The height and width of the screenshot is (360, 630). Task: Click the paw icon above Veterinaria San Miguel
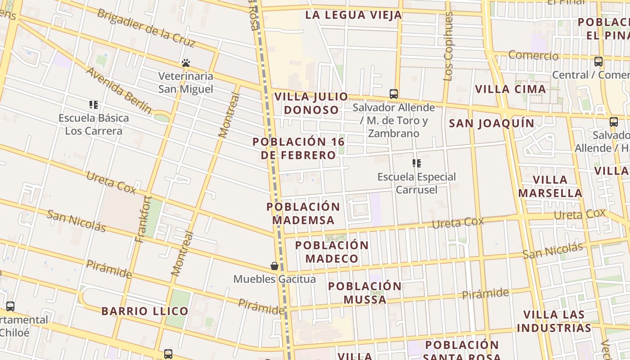[x=186, y=63]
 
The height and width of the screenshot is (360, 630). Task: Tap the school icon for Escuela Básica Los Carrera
[x=94, y=105]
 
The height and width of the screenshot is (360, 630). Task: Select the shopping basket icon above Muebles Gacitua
[x=274, y=266]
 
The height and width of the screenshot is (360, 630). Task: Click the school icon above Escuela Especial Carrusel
[x=417, y=163]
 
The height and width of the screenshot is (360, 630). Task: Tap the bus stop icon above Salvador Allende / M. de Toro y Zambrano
[x=394, y=94]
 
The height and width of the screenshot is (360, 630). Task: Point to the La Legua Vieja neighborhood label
[x=353, y=15]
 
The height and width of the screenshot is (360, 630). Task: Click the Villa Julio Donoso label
[x=311, y=103]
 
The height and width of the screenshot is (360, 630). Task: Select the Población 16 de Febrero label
[x=298, y=148]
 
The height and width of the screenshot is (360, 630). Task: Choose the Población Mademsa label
[x=303, y=213]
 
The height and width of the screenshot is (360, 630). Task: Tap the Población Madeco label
[x=332, y=252]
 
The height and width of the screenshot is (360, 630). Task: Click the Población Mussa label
[x=365, y=293]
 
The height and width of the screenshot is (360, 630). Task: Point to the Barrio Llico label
[x=145, y=311]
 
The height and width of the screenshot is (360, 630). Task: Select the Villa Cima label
[x=511, y=89]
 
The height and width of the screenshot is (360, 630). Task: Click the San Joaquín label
[x=492, y=123]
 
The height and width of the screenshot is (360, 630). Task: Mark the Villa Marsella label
[x=550, y=186]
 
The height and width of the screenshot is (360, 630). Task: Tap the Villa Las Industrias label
[x=554, y=321]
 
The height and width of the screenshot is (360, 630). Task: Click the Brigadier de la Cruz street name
[x=146, y=27]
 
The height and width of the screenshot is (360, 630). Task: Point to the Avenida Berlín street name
[x=119, y=90]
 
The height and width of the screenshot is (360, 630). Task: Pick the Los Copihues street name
[x=448, y=46]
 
